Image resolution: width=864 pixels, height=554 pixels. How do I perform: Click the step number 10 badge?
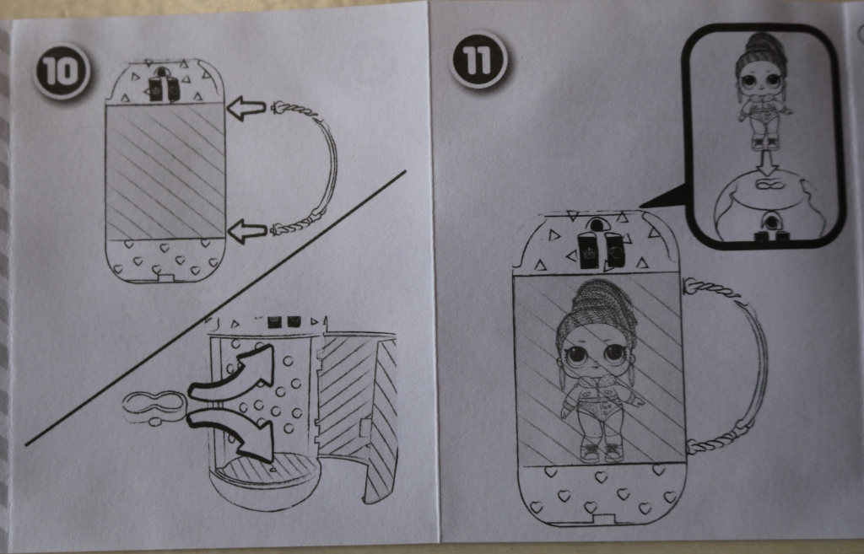(x=61, y=72)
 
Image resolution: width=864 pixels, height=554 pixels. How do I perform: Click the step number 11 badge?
(x=478, y=60)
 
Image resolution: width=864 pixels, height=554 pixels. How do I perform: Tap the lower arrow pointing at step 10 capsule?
(x=247, y=231)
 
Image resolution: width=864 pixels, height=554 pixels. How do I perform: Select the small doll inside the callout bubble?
(x=763, y=91)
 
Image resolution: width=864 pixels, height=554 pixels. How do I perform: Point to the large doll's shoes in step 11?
(x=601, y=452)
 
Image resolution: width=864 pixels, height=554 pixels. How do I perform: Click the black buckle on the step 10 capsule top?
(x=164, y=86)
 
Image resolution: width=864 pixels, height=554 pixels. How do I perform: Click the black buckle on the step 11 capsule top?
(x=600, y=247)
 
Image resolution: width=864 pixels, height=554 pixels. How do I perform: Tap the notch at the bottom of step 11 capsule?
(x=603, y=519)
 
